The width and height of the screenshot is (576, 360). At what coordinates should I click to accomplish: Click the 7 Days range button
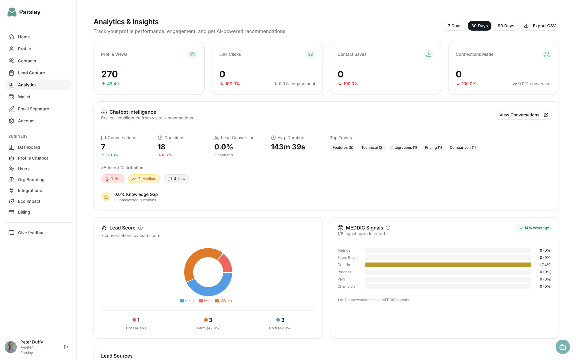coord(454,26)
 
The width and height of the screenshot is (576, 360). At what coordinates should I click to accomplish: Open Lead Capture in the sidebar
coord(31,73)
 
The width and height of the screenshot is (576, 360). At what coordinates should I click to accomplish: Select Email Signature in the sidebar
coord(33,109)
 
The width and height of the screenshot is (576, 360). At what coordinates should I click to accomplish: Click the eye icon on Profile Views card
coord(192,54)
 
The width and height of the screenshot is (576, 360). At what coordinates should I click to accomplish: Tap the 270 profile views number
coord(109,74)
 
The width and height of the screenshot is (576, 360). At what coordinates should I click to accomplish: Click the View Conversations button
coord(523,115)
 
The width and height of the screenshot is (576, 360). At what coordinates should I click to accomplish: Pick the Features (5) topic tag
coord(343,148)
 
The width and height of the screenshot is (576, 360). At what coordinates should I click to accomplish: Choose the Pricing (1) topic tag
coord(433,148)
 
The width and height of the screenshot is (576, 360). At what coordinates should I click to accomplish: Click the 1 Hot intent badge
coord(113,179)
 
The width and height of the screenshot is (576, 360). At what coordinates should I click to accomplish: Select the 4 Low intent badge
coord(176,179)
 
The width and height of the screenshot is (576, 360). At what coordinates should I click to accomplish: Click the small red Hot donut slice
coord(226,262)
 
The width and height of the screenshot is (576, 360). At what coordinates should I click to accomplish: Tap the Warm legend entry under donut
coord(224,301)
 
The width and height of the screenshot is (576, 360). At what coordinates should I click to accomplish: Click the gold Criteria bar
coord(448,265)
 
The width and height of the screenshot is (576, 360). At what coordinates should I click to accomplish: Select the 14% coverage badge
coord(534,228)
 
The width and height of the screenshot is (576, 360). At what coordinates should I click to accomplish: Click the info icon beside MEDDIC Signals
coord(388,228)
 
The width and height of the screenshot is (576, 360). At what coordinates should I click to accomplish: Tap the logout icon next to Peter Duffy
coord(66,347)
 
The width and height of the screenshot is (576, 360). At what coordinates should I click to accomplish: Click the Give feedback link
coord(32,233)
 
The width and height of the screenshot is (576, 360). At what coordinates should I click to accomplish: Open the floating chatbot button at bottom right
coord(562,347)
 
